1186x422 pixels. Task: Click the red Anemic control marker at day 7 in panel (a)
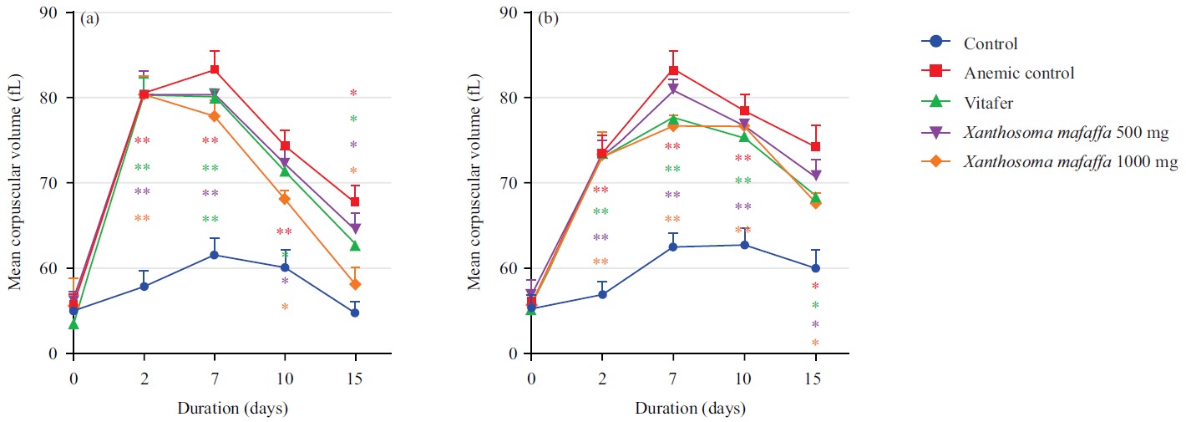[215, 69]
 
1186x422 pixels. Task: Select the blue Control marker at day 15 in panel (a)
[355, 313]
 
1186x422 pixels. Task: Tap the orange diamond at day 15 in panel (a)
[355, 285]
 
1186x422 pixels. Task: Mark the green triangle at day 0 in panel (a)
[73, 323]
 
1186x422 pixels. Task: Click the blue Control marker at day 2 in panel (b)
[602, 294]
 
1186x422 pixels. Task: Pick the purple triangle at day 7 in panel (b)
[672, 89]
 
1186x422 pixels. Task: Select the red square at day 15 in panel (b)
[815, 147]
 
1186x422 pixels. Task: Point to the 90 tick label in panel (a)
[52, 13]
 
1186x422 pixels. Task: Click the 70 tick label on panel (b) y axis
[509, 183]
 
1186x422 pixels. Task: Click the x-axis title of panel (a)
[232, 409]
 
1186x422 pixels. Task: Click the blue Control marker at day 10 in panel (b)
[744, 245]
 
